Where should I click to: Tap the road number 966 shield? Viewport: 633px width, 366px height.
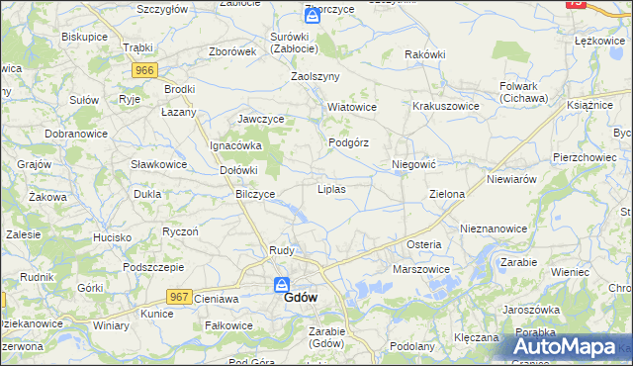[145, 69]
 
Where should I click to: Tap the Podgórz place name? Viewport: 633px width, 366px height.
[348, 142]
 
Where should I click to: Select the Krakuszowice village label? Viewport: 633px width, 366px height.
[445, 106]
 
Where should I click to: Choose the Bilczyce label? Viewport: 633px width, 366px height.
[255, 194]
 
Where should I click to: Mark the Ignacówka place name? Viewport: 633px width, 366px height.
[234, 145]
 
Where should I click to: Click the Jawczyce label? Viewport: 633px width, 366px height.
[261, 119]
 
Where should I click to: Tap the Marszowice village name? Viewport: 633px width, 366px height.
[421, 269]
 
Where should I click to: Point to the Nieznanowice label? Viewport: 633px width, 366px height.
[494, 228]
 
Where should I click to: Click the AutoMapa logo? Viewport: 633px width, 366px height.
[569, 346]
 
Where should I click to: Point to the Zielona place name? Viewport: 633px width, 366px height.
[446, 194]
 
